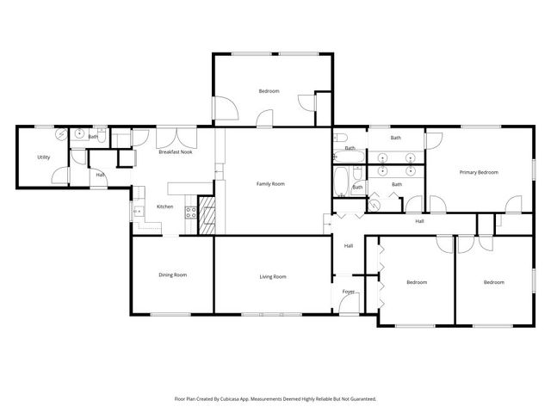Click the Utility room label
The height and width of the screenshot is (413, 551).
tap(43, 157)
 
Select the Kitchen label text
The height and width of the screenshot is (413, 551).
tap(164, 206)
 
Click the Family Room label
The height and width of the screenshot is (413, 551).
tap(270, 183)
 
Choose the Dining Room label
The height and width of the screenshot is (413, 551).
tap(172, 275)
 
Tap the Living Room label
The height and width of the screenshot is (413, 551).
tap(272, 276)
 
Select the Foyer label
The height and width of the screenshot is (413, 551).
tap(349, 292)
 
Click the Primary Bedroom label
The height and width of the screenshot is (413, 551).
tap(478, 172)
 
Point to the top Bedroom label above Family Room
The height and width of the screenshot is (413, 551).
tap(269, 90)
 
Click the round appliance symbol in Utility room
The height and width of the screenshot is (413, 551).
tap(61, 136)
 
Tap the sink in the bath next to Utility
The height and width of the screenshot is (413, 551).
tap(79, 133)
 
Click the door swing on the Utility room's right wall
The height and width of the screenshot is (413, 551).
tap(62, 176)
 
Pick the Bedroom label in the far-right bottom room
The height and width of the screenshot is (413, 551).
tap(493, 282)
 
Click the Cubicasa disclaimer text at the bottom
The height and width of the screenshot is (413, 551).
tap(275, 399)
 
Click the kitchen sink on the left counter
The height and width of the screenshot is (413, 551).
tap(135, 210)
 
